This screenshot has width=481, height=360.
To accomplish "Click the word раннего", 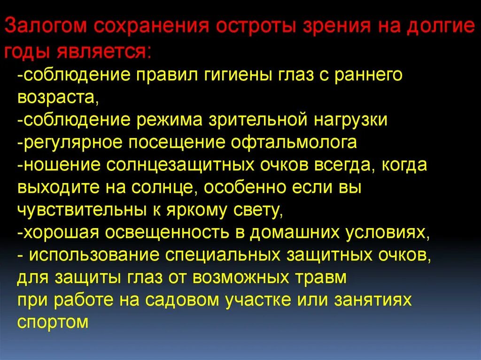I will [x=363, y=75].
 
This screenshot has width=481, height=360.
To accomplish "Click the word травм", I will [x=322, y=278].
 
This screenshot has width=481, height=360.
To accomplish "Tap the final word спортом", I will [x=53, y=323].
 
